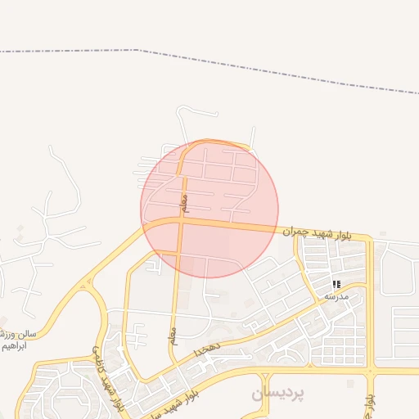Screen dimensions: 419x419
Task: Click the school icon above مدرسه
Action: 336,284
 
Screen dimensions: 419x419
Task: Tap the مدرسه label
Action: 336,295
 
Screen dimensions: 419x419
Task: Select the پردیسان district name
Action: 277,394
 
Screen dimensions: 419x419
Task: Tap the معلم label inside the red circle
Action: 183,200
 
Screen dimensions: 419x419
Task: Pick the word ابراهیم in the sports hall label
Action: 15,346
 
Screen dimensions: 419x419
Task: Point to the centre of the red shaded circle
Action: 209,209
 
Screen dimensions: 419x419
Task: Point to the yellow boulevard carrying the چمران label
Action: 246,225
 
